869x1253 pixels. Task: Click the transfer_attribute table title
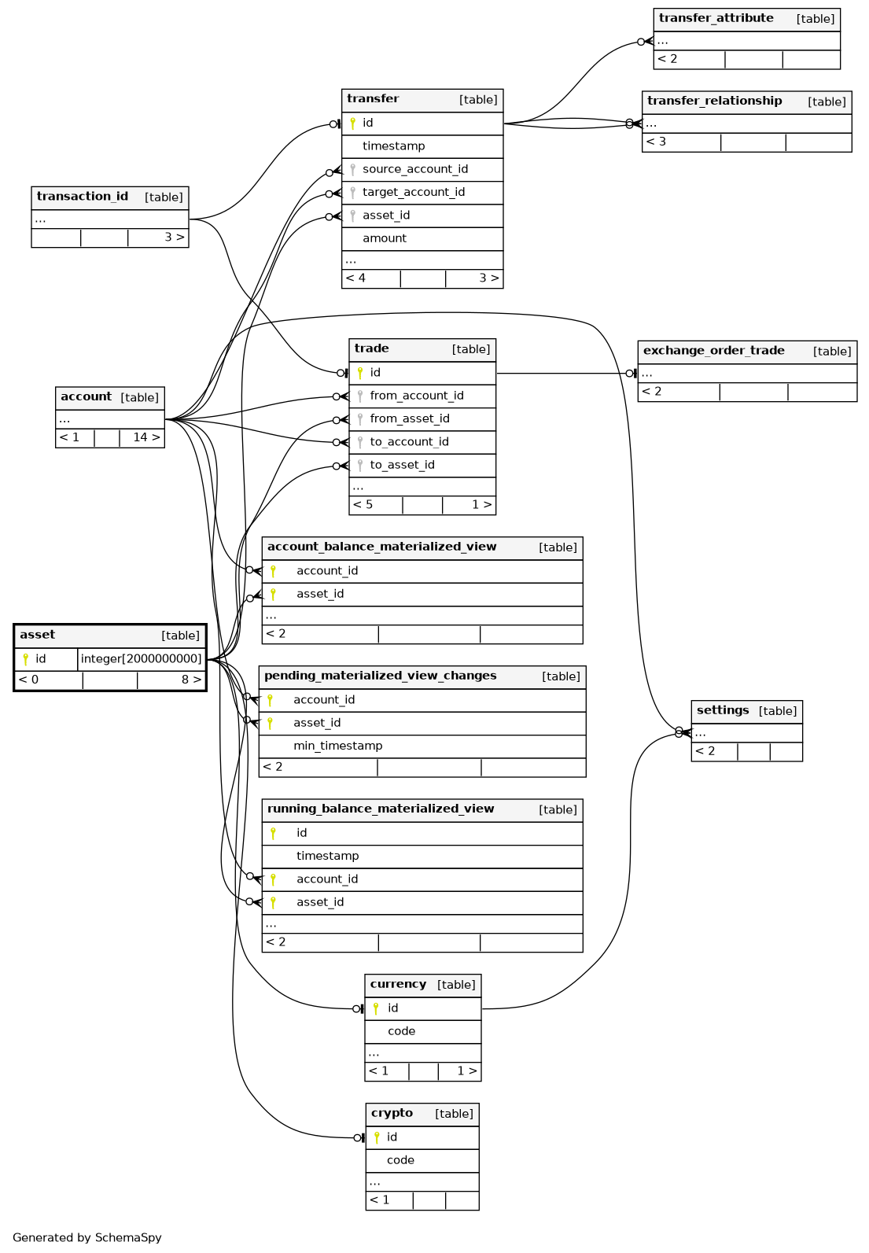pyautogui.click(x=715, y=18)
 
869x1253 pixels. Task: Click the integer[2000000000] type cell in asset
pyautogui.click(x=141, y=658)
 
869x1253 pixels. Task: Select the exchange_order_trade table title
pyautogui.click(x=713, y=350)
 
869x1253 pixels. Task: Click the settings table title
pyautogui.click(x=722, y=710)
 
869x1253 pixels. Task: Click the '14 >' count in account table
pyautogui.click(x=146, y=437)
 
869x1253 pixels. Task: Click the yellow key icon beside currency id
pyautogui.click(x=375, y=1008)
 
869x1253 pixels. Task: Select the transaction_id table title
pyautogui.click(x=83, y=197)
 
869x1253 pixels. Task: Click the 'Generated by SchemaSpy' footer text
pyautogui.click(x=87, y=1236)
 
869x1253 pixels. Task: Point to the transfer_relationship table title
pyautogui.click(x=713, y=101)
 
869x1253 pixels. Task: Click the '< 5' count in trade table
pyautogui.click(x=363, y=504)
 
